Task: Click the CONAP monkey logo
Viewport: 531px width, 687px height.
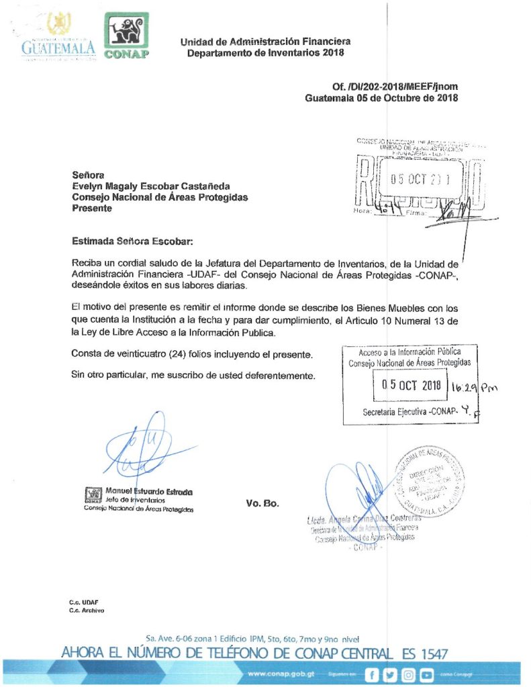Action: (126, 36)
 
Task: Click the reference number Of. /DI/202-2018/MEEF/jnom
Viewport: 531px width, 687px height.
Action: (395, 87)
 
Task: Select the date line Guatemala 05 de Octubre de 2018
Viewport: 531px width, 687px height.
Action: (381, 98)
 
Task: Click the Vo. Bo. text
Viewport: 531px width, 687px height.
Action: (262, 503)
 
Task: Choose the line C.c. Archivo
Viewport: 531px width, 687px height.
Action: (87, 611)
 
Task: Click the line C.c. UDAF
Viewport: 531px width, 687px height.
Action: (83, 602)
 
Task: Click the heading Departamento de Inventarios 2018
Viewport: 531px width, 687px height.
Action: (265, 53)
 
